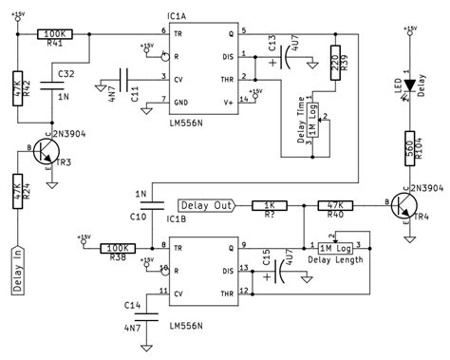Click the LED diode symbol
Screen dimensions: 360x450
coord(409,83)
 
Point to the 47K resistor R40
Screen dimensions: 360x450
coord(334,203)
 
